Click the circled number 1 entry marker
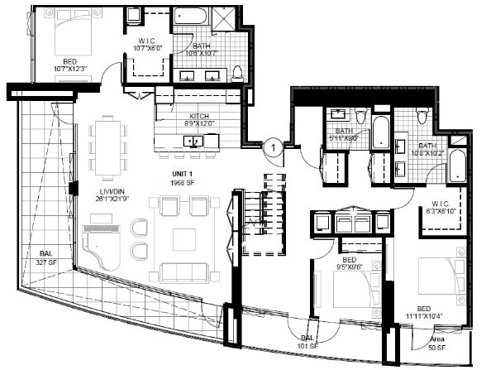271,149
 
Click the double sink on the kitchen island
193,142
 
